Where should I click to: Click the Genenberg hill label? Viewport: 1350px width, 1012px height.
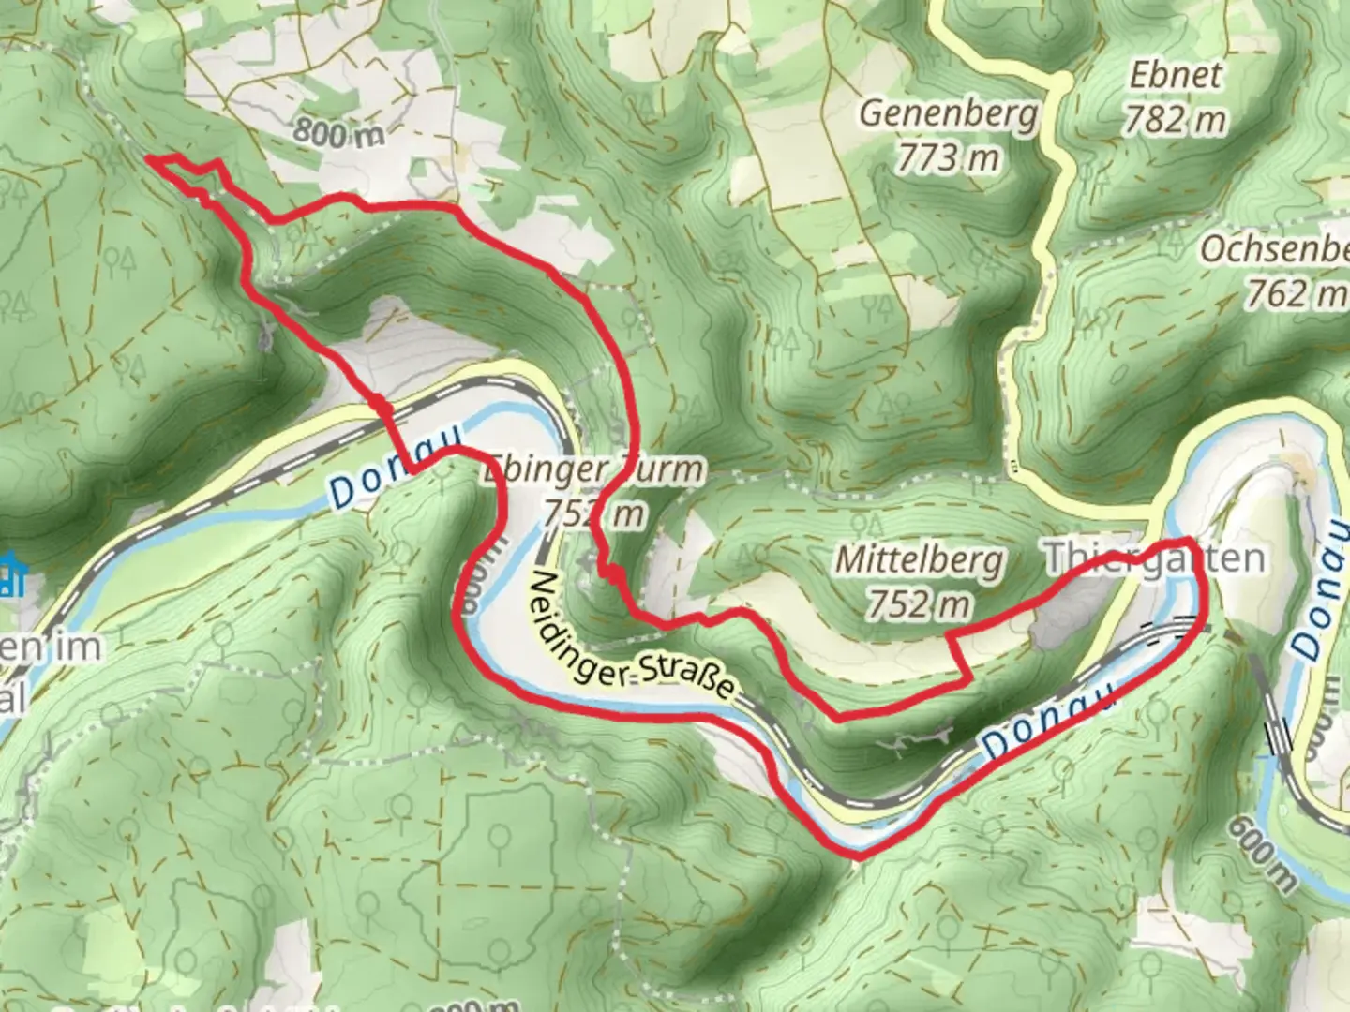pos(948,113)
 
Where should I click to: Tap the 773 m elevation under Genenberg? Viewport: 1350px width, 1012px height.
pos(948,158)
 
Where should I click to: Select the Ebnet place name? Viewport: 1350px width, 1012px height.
pos(1176,75)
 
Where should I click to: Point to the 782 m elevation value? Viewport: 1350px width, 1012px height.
pos(1176,120)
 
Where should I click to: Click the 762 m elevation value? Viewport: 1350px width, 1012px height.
pos(1294,294)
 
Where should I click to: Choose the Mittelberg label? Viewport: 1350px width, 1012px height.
pos(919,560)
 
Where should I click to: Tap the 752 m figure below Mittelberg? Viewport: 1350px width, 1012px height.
pos(919,605)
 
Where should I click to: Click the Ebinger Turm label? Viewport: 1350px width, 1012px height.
pos(592,469)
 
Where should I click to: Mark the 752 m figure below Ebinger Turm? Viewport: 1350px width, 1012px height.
pos(592,513)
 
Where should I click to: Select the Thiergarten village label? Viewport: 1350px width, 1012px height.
pos(1154,558)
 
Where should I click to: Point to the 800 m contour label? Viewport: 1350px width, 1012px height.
pos(338,133)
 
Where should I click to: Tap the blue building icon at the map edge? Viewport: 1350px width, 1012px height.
pos(9,574)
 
